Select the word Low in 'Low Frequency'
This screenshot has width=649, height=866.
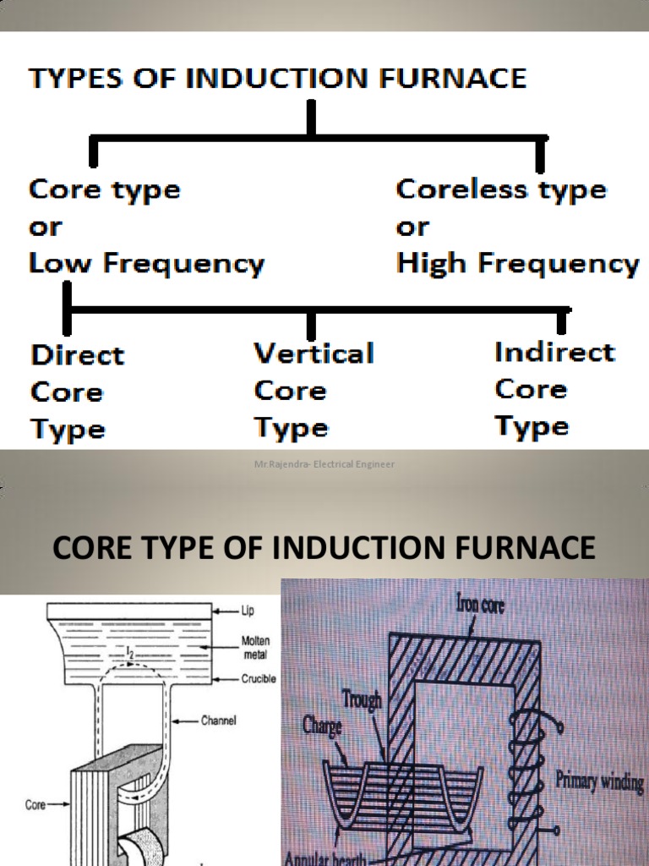point(54,264)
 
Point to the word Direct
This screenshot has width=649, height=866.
point(77,354)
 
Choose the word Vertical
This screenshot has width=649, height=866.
point(314,353)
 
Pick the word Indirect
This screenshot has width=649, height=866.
point(554,351)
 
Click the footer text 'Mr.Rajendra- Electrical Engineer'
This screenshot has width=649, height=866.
point(324,464)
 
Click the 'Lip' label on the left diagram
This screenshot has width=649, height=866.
point(248,610)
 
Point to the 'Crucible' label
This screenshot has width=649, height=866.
point(257,678)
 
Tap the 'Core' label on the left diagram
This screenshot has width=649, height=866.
point(35,805)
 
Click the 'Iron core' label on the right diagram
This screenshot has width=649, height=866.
point(480,605)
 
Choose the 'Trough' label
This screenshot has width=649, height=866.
point(362,699)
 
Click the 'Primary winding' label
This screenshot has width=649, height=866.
point(599,781)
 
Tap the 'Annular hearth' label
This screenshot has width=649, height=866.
point(325,858)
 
